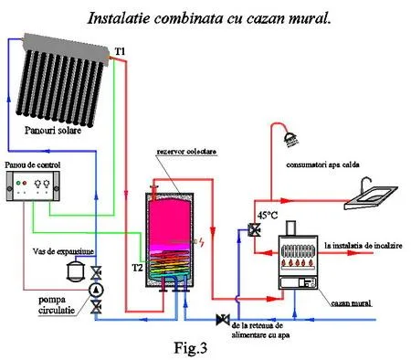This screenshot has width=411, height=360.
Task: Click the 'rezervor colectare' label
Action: click(x=183, y=153)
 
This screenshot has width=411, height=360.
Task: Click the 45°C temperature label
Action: click(x=267, y=217)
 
